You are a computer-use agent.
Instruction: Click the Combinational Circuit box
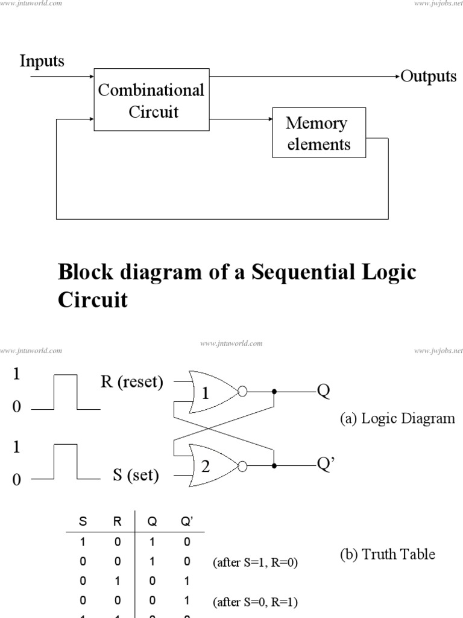151,101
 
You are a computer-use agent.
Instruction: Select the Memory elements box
318,133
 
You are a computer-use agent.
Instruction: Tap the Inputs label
42,61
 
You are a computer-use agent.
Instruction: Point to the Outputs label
429,77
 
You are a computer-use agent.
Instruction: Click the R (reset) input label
132,383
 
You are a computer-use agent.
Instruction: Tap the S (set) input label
136,476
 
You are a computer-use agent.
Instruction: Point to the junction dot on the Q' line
274,465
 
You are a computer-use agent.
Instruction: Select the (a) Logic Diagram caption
395,418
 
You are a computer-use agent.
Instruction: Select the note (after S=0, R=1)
255,602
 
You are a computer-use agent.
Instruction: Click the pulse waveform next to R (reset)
66,392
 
